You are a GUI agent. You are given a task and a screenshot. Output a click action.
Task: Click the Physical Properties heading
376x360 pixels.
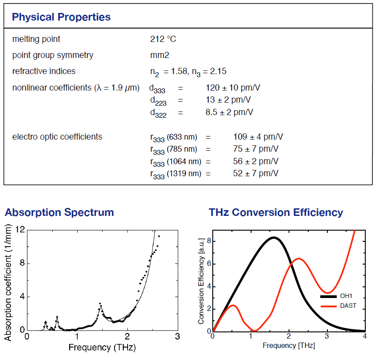point(61,17)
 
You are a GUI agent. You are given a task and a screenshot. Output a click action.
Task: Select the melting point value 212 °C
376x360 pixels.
point(163,39)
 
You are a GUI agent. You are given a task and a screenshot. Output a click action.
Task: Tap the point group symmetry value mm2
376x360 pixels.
point(160,55)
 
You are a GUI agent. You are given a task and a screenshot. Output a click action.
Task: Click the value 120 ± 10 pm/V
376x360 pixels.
point(232,87)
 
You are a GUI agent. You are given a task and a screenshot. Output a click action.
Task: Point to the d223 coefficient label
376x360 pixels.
point(158,101)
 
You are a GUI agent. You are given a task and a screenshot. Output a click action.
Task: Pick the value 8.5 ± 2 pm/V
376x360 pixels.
point(229,112)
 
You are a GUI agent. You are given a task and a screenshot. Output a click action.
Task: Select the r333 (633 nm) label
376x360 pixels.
point(174,137)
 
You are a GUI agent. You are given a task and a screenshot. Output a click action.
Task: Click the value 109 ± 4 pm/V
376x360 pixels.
point(258,137)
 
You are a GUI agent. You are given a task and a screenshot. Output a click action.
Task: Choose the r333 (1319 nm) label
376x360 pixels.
point(175,174)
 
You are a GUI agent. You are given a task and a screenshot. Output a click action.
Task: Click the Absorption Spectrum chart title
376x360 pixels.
point(59,212)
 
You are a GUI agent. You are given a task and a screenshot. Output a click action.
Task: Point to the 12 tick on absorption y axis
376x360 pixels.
point(20,230)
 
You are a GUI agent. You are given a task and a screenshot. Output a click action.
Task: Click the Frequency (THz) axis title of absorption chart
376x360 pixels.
point(102,347)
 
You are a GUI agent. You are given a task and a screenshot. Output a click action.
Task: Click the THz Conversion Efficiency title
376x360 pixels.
point(276,212)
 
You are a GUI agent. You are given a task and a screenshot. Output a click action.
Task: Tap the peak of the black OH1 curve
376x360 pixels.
point(274,238)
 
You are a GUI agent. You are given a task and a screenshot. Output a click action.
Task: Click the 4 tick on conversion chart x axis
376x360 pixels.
point(365,335)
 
